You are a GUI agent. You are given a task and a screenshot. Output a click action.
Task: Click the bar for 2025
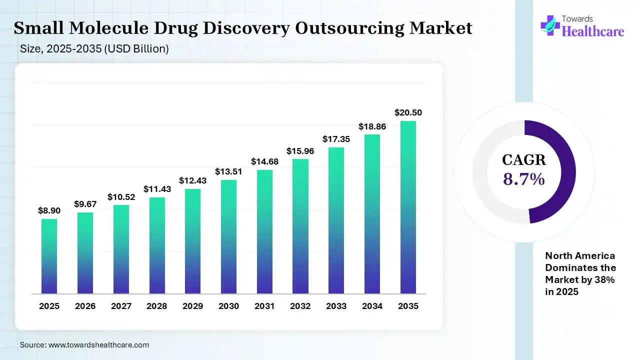coord(49,256)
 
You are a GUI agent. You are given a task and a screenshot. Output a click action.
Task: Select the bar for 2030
coord(228,236)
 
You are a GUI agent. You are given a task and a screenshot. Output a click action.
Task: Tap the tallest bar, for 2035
coord(408,207)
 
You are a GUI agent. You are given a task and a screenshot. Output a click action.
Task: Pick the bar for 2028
coord(157,245)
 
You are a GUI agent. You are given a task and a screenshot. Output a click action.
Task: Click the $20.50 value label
coord(408,113)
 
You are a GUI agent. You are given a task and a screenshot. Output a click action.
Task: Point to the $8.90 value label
coord(49,211)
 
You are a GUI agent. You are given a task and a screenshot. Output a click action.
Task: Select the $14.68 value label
coord(264,161)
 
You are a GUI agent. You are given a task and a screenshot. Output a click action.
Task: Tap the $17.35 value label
coord(336,139)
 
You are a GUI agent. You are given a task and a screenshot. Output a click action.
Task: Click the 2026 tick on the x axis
coord(85,306)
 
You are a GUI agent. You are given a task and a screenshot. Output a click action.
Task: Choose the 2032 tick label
coord(300,306)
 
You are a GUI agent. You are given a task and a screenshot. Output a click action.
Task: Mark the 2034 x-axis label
coord(372,306)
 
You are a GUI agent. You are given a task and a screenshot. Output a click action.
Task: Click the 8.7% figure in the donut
coord(523,178)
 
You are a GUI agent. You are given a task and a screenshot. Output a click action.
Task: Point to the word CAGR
coord(524,160)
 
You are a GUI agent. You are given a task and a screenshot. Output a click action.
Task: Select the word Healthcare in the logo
coord(593,31)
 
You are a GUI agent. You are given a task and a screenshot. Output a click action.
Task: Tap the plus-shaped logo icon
coord(550,25)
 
